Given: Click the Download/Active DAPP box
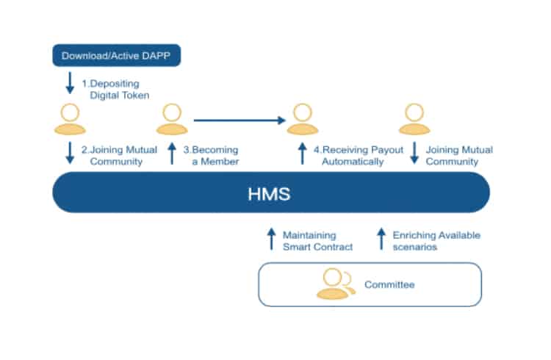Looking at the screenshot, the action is [117, 55].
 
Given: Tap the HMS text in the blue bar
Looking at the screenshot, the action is [269, 194].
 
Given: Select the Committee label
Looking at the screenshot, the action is [389, 284].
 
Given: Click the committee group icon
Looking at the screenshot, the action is [336, 284].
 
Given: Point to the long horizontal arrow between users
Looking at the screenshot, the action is [240, 120].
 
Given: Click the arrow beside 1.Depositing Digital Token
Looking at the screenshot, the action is [70, 83].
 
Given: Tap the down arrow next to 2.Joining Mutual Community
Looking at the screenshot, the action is [70, 153].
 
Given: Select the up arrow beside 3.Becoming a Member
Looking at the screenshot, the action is [172, 154].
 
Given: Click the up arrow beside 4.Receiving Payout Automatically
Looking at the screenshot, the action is [302, 154].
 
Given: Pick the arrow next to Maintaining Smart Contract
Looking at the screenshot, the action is [271, 239].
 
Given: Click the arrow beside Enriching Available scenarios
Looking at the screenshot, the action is [381, 239].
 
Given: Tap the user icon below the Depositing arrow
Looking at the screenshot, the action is [70, 119].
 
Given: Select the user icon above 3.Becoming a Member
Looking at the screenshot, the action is [172, 119].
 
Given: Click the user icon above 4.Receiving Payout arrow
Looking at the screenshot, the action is [303, 119].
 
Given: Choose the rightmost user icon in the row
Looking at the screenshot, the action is [414, 119].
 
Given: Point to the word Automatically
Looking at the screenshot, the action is [353, 162].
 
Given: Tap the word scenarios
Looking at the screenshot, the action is [415, 247].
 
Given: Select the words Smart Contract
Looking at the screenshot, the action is [317, 247].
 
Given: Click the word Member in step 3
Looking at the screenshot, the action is [220, 162].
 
